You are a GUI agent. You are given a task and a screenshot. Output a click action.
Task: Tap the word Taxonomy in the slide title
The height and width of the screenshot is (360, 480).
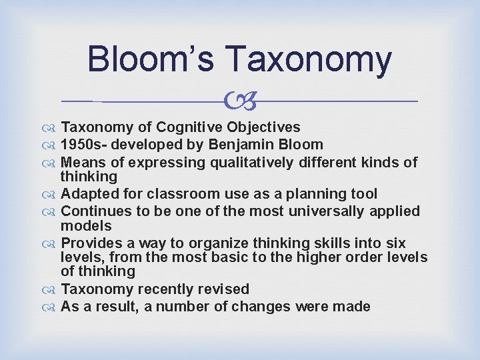309,60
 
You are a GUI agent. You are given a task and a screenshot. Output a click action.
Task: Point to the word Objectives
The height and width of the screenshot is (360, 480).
263,127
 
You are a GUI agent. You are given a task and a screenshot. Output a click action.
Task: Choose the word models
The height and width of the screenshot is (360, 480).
86,225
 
